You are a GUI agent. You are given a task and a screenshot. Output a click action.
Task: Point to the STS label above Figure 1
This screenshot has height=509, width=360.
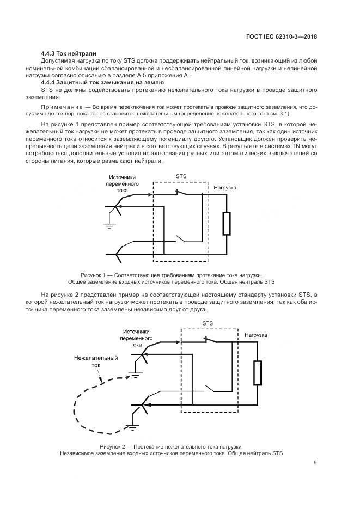[x=181, y=177]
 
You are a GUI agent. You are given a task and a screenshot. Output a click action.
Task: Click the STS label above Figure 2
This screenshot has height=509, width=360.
[x=208, y=323]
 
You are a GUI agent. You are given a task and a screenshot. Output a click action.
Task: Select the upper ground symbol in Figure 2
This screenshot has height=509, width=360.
[x=136, y=375]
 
